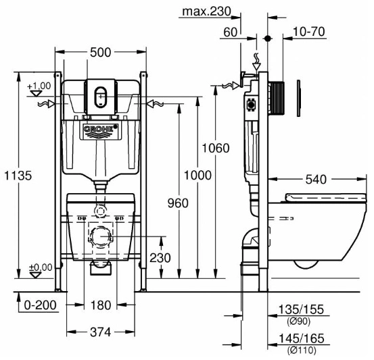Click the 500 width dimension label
click(x=100, y=53)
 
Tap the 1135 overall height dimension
click(x=18, y=176)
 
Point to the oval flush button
click(x=101, y=97)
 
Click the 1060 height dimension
click(x=216, y=148)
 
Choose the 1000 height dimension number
click(x=197, y=176)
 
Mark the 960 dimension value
click(x=178, y=203)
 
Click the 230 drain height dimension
click(x=160, y=258)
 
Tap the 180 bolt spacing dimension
click(x=101, y=305)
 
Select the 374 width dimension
click(x=101, y=332)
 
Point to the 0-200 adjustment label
click(x=41, y=305)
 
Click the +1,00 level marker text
click(x=39, y=86)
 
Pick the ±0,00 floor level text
click(x=41, y=267)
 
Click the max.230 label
click(x=206, y=11)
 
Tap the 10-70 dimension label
click(x=309, y=32)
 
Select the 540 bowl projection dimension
click(x=316, y=180)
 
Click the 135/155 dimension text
click(x=301, y=309)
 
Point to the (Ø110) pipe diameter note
click(x=302, y=351)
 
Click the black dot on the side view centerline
click(x=268, y=38)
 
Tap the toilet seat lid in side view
click(x=325, y=197)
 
